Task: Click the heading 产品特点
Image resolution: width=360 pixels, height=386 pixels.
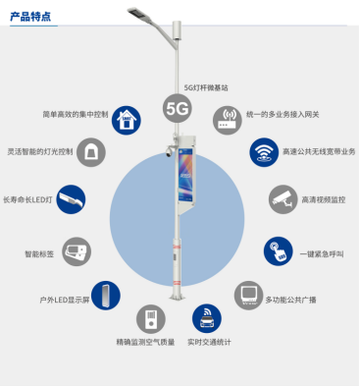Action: pos(32,17)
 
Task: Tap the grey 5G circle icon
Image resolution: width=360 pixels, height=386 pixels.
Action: pos(178,107)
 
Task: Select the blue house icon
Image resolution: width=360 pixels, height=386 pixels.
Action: pos(126,119)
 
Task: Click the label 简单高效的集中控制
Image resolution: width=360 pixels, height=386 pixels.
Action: pos(75,114)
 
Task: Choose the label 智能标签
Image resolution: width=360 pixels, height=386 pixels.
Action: pos(39,253)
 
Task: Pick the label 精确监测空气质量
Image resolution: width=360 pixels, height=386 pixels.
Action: pos(146,343)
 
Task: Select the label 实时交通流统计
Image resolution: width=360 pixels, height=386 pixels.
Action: pos(209,343)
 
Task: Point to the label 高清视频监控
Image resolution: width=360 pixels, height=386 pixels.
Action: pos(324,200)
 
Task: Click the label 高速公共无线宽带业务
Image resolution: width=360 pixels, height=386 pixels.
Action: pos(320,151)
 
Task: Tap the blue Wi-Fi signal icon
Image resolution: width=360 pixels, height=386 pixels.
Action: pos(263,151)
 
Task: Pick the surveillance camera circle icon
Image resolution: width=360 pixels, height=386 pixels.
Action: pos(281,198)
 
